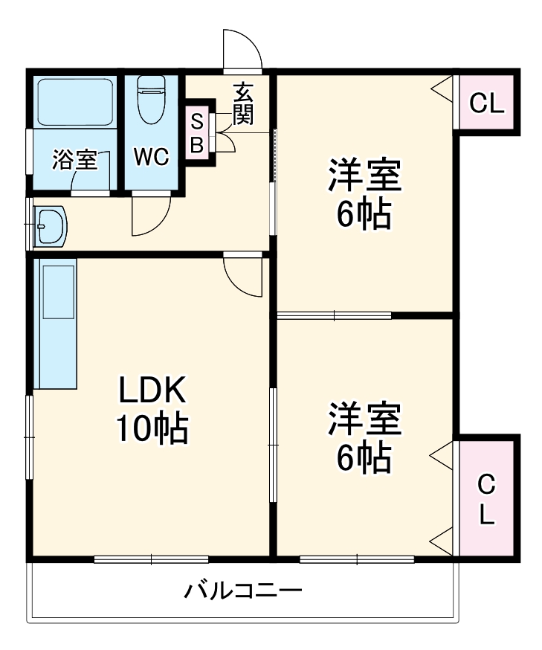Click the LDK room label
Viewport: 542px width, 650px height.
152,388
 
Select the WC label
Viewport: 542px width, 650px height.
152,157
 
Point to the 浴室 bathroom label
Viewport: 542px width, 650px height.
74,159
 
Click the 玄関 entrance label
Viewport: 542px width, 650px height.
243,103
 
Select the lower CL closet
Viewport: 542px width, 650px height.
486,499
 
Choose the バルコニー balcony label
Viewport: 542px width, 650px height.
243,592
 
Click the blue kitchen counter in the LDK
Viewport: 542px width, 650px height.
56,324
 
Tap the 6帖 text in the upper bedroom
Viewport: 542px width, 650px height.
364,215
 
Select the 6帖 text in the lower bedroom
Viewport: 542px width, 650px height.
364,458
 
